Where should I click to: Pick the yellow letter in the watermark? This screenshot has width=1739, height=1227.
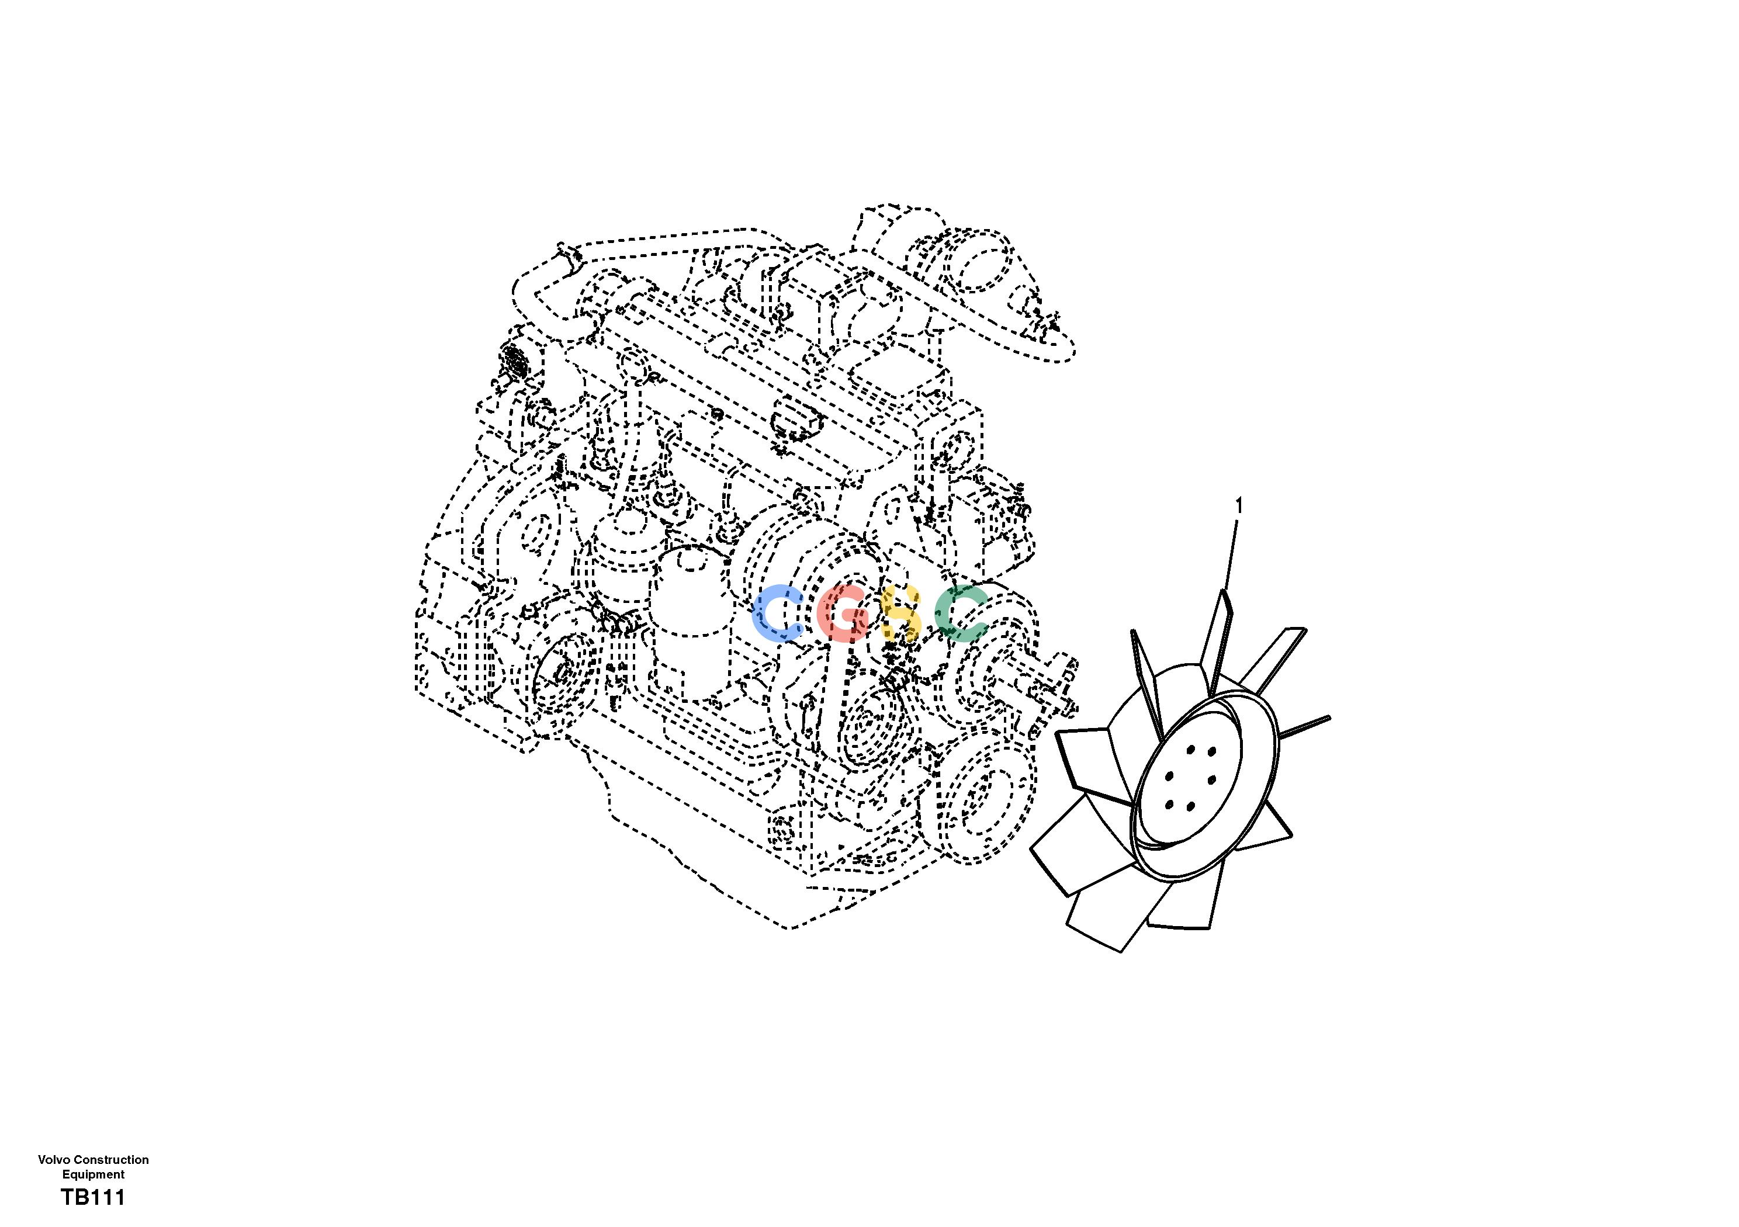(901, 613)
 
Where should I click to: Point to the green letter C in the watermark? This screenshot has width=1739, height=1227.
(961, 613)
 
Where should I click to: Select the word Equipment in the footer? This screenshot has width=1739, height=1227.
(93, 1175)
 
